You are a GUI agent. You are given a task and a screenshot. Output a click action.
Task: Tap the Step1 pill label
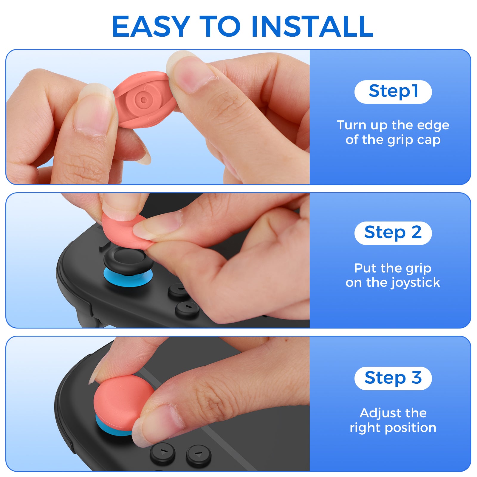[393, 92]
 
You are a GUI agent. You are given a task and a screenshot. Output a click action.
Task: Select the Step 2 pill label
[393, 233]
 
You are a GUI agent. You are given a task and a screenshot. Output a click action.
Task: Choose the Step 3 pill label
[393, 378]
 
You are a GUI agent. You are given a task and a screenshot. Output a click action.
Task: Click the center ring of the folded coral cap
[143, 100]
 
